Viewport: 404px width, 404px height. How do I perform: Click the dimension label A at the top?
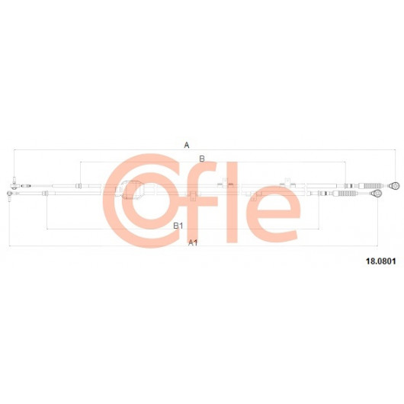click(x=187, y=145)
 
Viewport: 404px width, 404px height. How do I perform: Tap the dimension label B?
click(x=202, y=159)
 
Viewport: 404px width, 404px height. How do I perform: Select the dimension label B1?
click(x=178, y=226)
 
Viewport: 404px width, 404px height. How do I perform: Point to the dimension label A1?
click(x=193, y=242)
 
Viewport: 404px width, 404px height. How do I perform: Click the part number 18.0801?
click(x=381, y=261)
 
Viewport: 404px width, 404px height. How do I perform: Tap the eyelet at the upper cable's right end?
click(x=394, y=185)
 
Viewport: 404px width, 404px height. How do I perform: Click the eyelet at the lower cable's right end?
click(x=377, y=193)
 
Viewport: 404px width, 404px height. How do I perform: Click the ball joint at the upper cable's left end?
click(x=14, y=184)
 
